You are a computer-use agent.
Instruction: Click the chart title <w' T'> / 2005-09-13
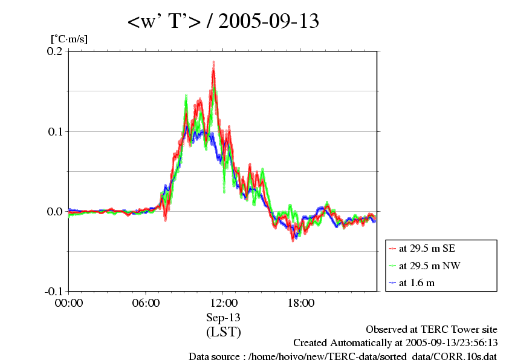(x=223, y=22)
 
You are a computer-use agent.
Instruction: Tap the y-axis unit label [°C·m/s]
(x=69, y=39)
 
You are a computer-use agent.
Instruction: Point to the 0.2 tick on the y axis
(x=55, y=51)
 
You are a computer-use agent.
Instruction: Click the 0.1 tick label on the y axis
(x=55, y=131)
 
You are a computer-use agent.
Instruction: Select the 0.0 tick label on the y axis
(x=55, y=211)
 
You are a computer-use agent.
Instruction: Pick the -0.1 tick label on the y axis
(x=53, y=291)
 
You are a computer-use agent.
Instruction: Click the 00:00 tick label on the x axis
(x=69, y=303)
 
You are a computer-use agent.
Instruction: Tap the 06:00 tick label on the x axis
(x=146, y=303)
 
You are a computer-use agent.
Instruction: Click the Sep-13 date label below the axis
(x=223, y=318)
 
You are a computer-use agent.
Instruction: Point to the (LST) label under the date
(x=223, y=332)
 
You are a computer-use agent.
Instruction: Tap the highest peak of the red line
(x=213, y=71)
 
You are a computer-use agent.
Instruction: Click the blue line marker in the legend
(x=393, y=283)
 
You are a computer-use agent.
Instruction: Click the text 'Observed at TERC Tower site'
(x=431, y=330)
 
